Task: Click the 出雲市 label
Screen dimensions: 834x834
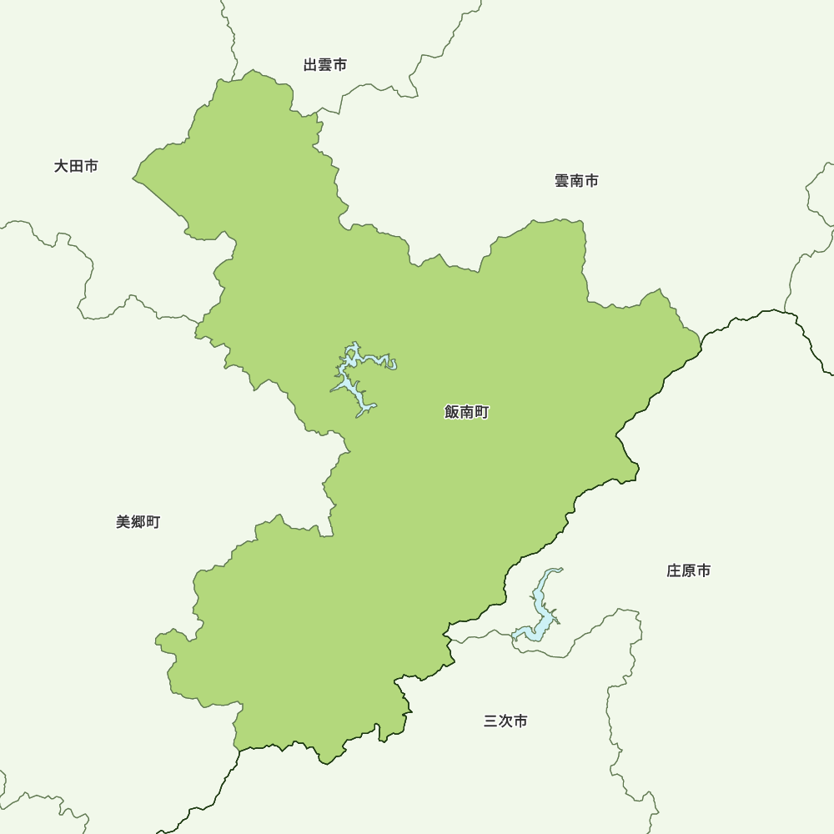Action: [325, 65]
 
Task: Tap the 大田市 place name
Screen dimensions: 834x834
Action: [76, 167]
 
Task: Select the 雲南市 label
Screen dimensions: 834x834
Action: [576, 181]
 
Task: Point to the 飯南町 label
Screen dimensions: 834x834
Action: [467, 412]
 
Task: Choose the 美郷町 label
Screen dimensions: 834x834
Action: [138, 522]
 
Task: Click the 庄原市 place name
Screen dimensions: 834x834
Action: [689, 571]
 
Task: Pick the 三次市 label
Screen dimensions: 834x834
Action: [505, 721]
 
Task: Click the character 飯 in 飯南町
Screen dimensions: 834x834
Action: [453, 412]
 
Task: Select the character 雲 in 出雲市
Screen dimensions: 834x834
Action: [325, 65]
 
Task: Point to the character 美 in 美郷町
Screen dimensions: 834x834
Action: [123, 522]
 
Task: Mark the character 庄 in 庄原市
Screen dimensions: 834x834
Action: [674, 571]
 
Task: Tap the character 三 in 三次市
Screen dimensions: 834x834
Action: [490, 721]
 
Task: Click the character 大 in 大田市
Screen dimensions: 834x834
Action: [62, 167]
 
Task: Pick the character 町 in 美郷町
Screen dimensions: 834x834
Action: [153, 522]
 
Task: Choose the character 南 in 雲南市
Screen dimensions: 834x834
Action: [576, 181]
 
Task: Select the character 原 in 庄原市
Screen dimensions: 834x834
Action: [689, 571]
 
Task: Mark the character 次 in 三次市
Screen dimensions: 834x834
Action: [505, 721]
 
